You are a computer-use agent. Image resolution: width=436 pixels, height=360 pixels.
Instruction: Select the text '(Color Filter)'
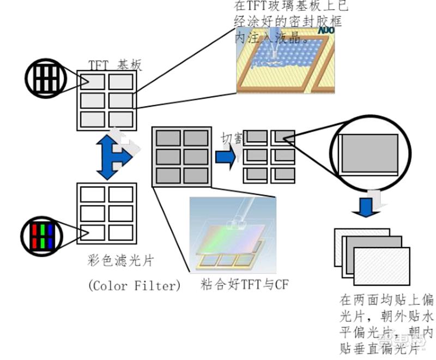134,285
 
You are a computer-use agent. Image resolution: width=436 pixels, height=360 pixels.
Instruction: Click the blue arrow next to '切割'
226,157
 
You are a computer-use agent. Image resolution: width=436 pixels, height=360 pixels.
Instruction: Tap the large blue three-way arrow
113,157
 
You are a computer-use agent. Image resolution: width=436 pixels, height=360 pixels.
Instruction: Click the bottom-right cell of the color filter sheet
121,233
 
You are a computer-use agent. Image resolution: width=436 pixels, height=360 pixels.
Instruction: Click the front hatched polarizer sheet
382,268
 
